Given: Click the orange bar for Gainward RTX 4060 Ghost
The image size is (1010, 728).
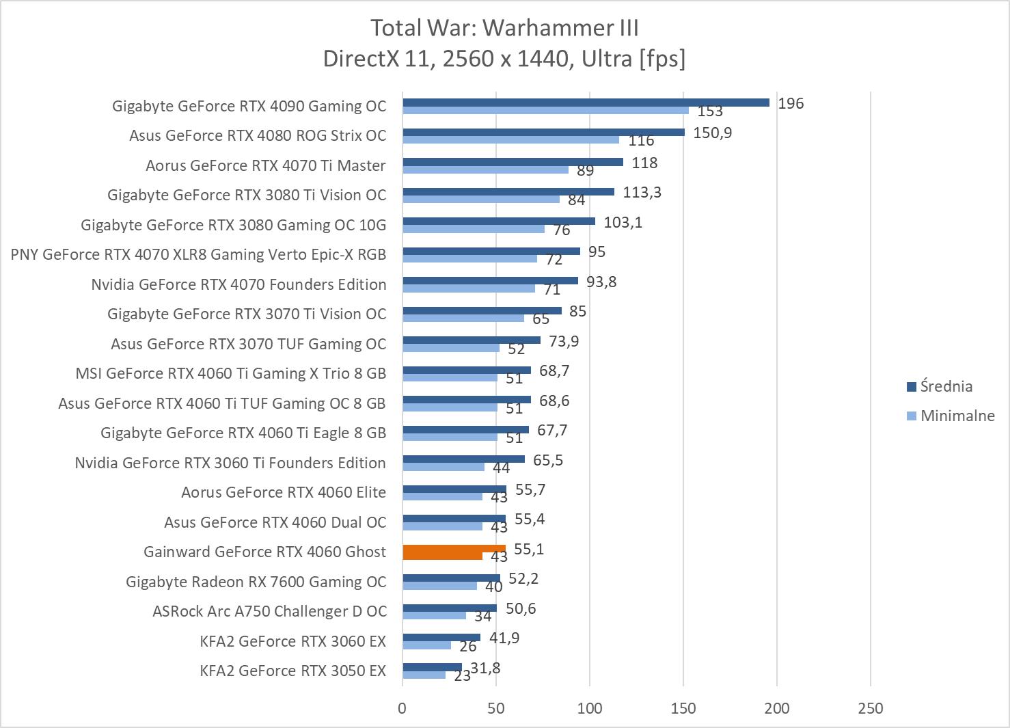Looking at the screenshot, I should tap(454, 549).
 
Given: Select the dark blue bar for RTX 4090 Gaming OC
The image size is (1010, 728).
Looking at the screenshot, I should tap(586, 103).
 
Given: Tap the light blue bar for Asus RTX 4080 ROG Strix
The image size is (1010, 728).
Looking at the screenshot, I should tap(510, 139).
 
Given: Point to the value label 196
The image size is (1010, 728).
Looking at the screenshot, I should tap(791, 103).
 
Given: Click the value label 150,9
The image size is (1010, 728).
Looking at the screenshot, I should tap(712, 133).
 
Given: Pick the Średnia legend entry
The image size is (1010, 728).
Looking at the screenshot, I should tap(945, 386).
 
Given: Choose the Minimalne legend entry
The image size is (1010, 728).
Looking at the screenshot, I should tap(957, 416).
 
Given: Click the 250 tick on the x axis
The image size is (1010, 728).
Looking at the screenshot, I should tap(870, 708).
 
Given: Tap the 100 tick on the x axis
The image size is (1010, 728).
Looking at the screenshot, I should tap(589, 708).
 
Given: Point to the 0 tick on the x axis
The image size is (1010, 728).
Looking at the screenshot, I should tap(402, 708).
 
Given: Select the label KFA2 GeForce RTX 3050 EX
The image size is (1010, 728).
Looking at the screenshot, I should tap(292, 671).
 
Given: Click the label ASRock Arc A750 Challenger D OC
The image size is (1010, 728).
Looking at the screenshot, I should tap(269, 611).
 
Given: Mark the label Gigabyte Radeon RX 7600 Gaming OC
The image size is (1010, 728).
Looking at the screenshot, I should tap(256, 582).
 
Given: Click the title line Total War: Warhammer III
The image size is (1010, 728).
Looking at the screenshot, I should tap(504, 28).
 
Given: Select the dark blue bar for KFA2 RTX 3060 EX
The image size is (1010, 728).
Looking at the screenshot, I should tap(441, 638).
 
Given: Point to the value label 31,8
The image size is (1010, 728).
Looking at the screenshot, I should tap(485, 668).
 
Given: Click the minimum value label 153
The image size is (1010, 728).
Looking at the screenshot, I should tap(710, 111).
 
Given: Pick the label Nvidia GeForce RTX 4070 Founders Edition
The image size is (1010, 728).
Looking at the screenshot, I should tap(238, 284).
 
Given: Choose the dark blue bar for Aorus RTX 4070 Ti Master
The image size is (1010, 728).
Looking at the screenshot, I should tap(513, 162).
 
